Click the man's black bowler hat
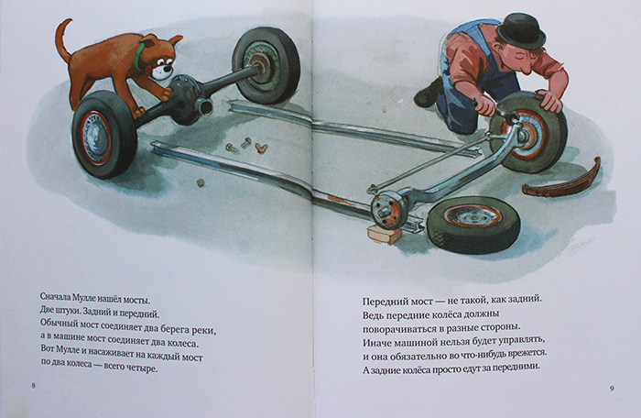tap(525, 29)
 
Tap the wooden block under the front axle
tap(385, 235)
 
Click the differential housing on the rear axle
tap(187, 99)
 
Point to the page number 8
tap(34, 385)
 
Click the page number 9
tap(612, 389)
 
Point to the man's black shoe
tap(428, 93)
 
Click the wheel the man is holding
tap(530, 131)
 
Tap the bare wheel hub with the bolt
tap(385, 211)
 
